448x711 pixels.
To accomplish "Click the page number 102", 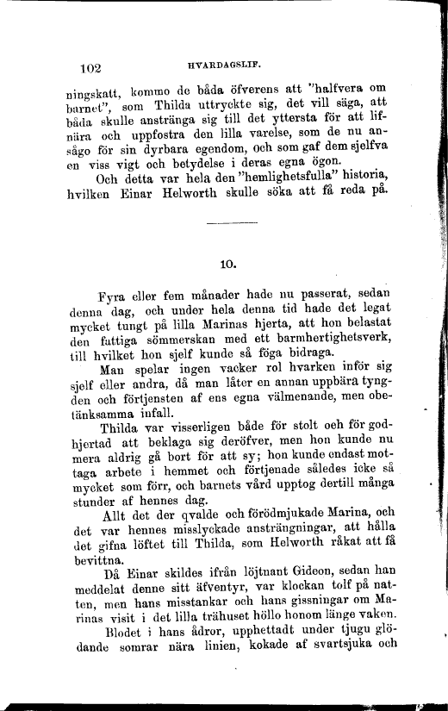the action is pyautogui.click(x=90, y=67).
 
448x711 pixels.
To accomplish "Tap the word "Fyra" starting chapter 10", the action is pyautogui.click(x=116, y=295).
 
